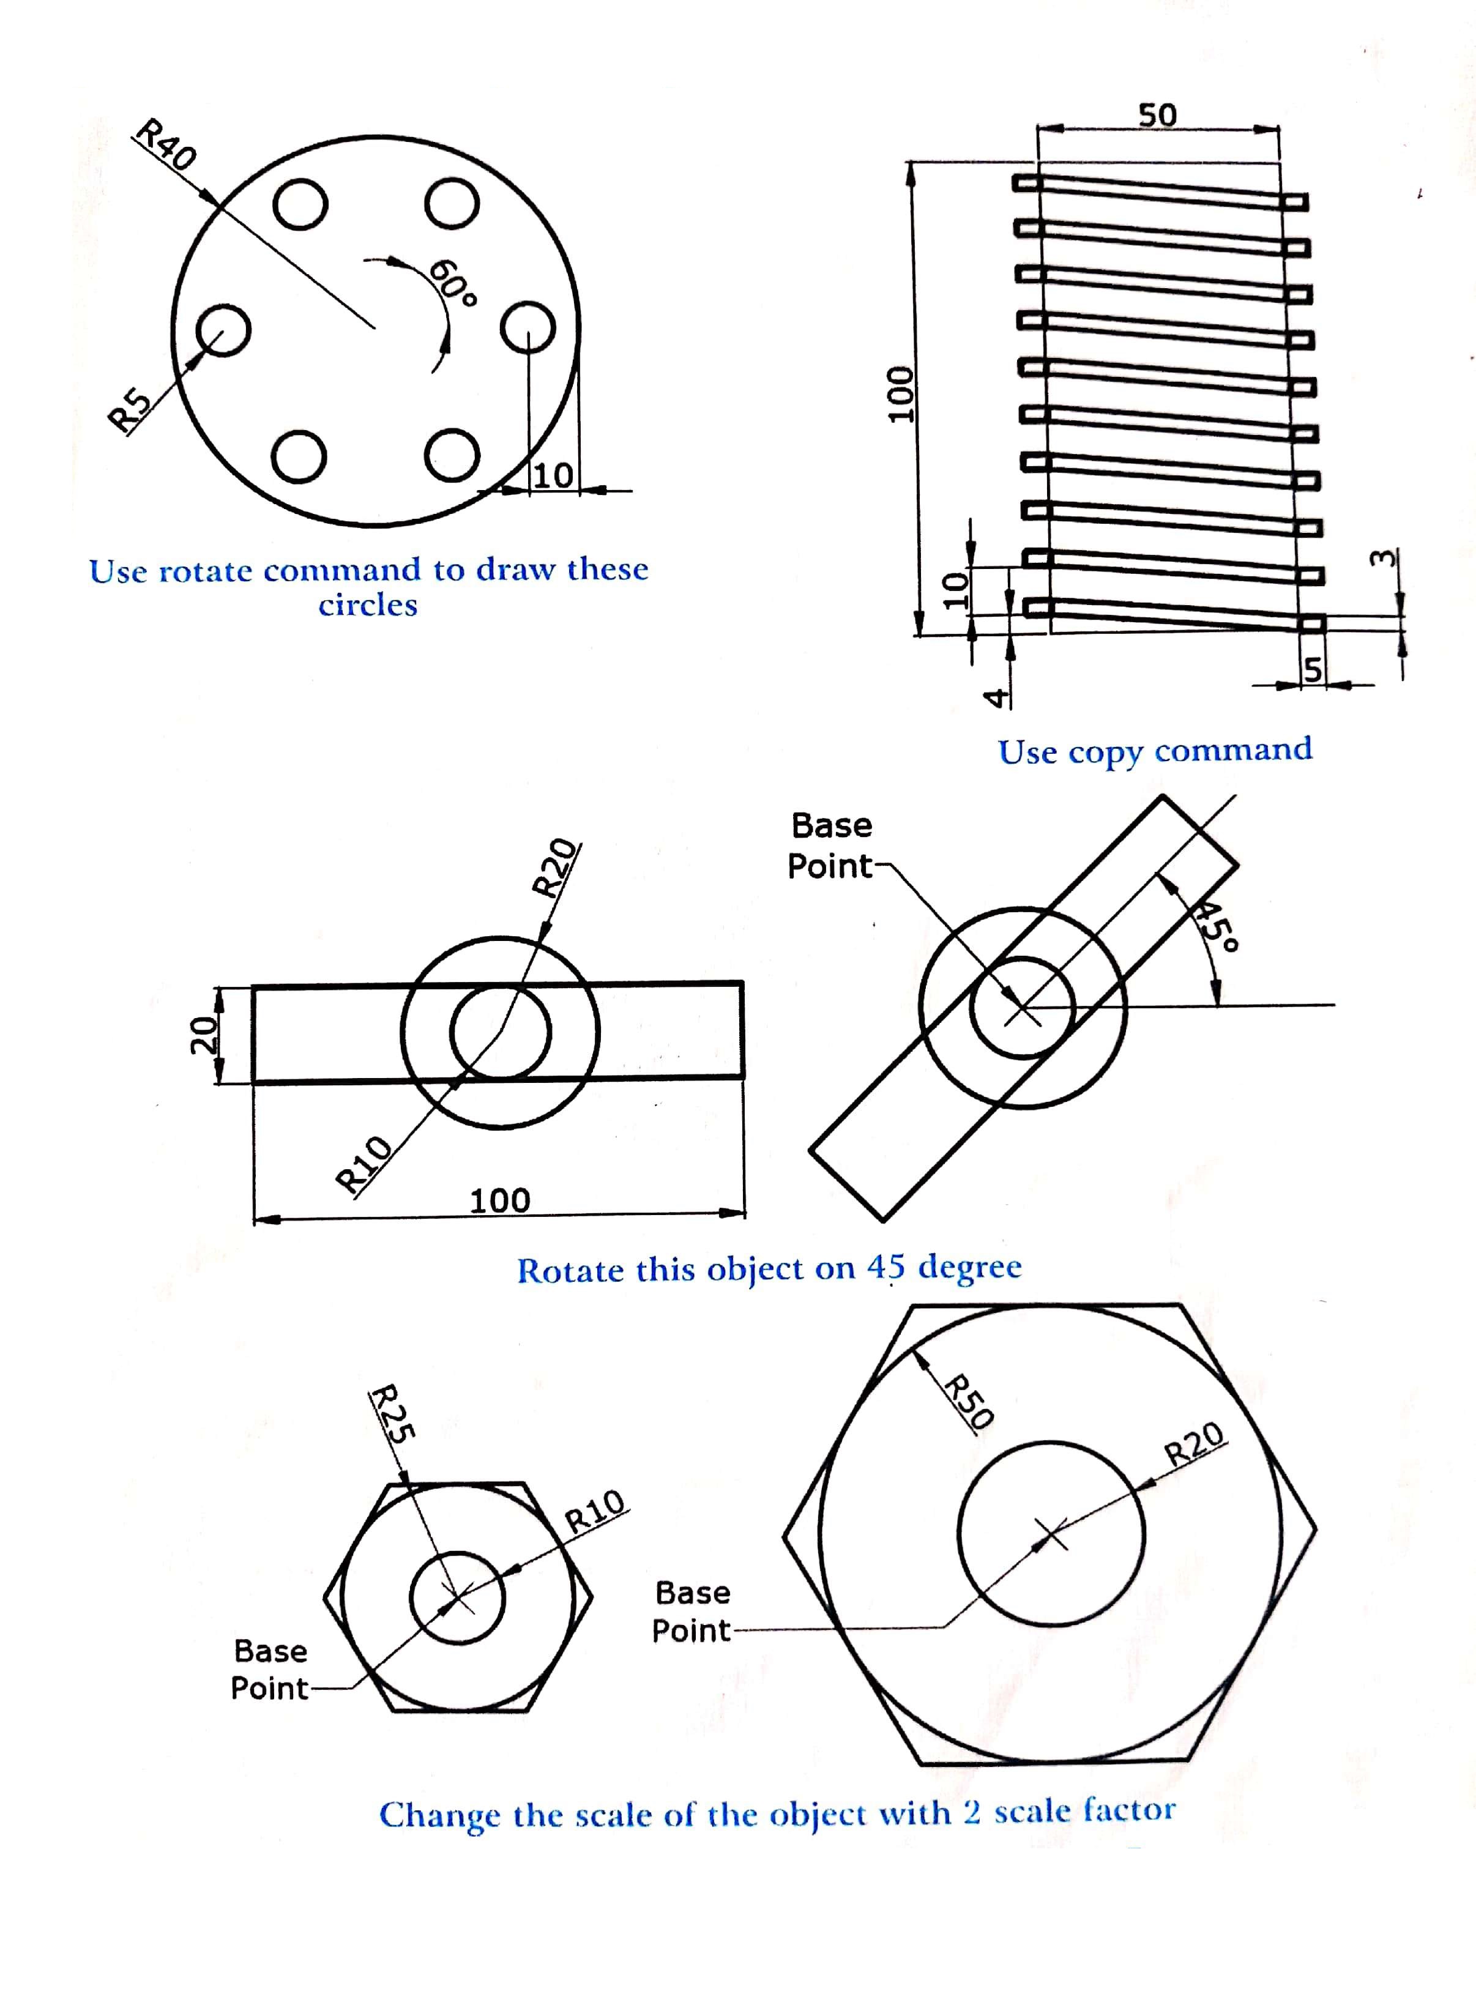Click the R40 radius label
click(165, 144)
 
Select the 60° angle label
click(454, 283)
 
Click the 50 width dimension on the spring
click(1157, 115)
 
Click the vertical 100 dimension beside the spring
click(896, 393)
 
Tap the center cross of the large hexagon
click(1051, 1536)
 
